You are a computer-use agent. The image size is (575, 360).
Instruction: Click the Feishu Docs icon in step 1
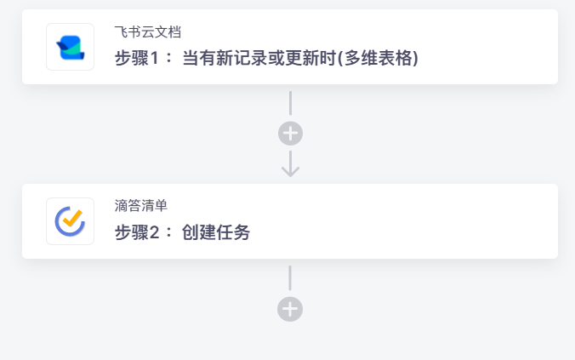(70, 47)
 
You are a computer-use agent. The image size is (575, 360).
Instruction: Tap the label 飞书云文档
(148, 32)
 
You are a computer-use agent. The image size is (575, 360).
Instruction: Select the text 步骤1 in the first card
(137, 58)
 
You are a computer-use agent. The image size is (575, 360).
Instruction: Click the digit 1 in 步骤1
(155, 58)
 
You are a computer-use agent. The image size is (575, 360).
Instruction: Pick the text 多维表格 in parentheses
(378, 58)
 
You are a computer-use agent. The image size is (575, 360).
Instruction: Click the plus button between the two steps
(290, 134)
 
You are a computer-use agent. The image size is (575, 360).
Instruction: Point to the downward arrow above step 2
(290, 163)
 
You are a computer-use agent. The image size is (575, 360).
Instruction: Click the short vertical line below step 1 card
(290, 103)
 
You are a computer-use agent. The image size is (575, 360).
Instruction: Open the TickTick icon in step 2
(70, 221)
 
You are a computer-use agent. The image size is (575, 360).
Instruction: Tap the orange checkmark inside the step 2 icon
(72, 218)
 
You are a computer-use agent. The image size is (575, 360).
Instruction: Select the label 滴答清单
(141, 206)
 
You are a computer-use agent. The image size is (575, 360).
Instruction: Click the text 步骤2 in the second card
(137, 232)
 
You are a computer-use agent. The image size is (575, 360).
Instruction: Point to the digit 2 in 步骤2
(155, 232)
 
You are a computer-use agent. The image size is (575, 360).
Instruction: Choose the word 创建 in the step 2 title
(198, 232)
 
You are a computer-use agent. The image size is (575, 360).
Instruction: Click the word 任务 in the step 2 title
(233, 232)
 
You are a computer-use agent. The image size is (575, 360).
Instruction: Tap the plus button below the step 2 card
(290, 309)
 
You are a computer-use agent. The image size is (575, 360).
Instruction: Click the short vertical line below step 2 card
(290, 278)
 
